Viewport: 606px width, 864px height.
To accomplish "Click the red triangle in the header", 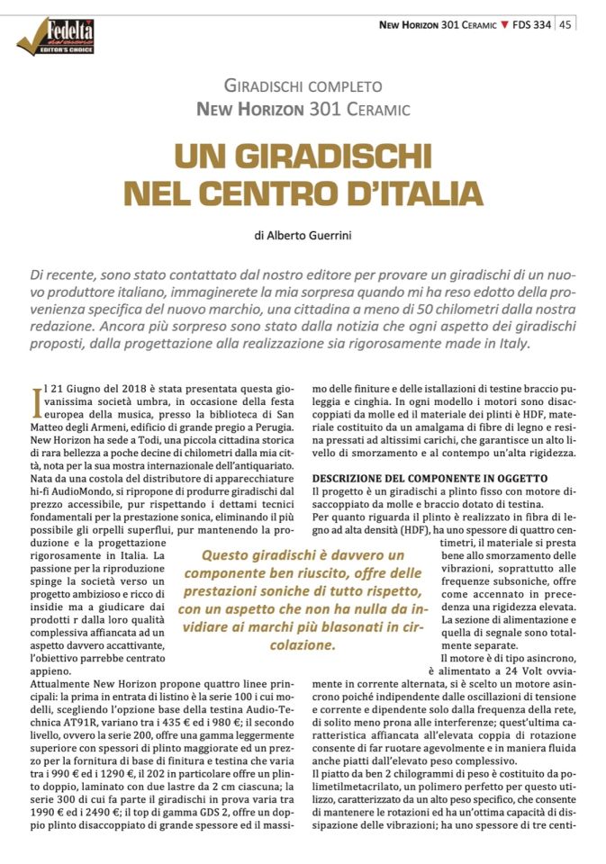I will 504,24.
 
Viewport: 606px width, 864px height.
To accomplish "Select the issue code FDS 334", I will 532,24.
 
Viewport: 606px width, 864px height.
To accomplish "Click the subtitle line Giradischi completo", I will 303,86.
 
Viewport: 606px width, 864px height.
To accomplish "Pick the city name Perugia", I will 276,427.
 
